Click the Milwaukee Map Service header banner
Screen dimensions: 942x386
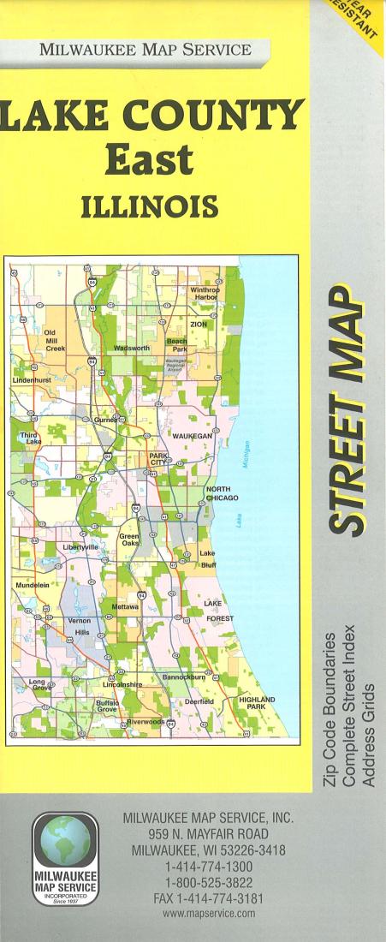click(x=145, y=49)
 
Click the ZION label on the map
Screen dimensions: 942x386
click(x=199, y=325)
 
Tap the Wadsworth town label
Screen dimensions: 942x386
click(x=132, y=349)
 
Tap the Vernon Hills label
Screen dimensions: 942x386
click(x=79, y=626)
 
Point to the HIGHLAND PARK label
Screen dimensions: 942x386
click(x=256, y=704)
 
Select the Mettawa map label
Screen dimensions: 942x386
click(x=125, y=606)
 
